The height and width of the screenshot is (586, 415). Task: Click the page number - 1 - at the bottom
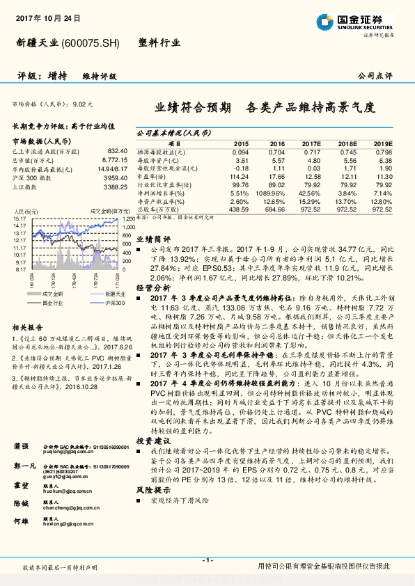[x=207, y=560]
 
